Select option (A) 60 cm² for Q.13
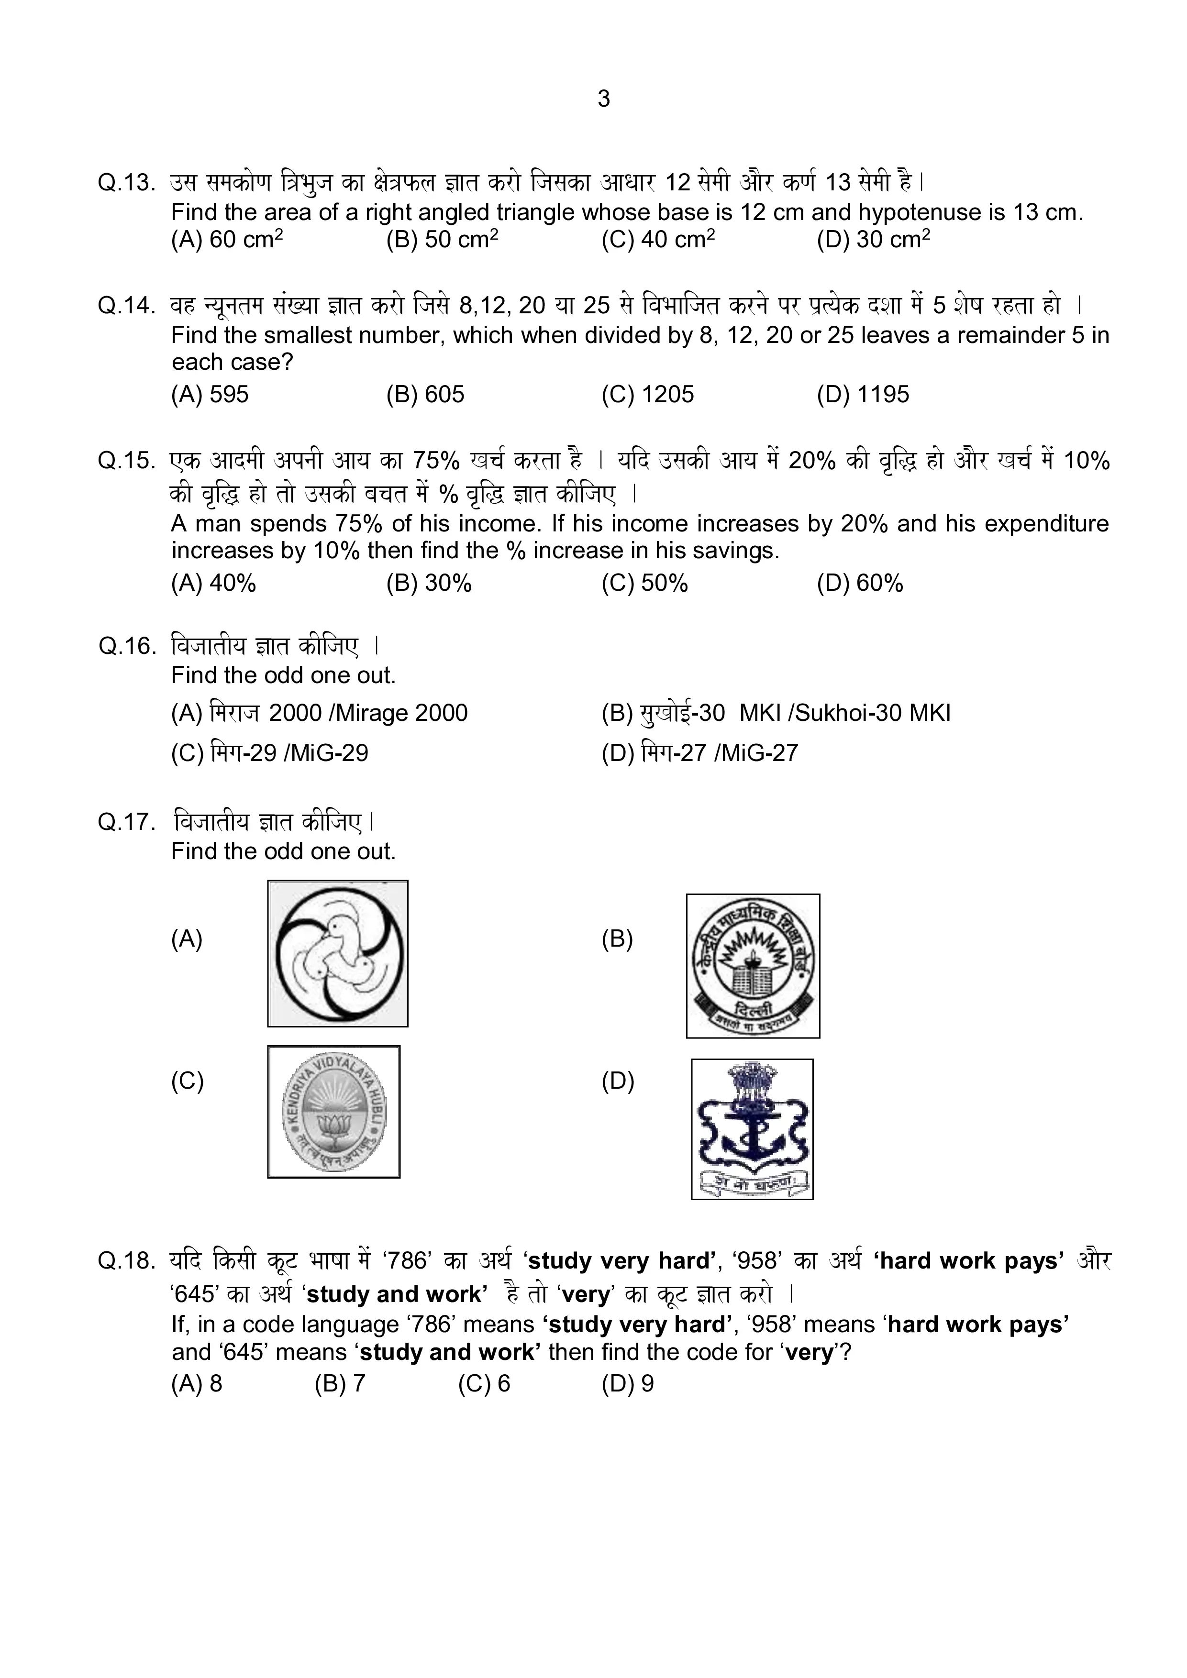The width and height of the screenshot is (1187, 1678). [x=227, y=240]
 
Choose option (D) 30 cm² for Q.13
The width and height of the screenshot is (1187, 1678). [x=874, y=240]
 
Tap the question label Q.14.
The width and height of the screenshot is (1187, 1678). [x=126, y=306]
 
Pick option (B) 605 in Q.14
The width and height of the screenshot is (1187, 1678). [x=425, y=395]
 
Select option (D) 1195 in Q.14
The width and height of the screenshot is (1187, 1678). [x=863, y=395]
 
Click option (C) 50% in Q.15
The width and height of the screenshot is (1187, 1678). [x=644, y=583]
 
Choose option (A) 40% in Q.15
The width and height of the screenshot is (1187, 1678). [x=213, y=583]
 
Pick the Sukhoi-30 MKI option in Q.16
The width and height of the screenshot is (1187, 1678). [x=776, y=713]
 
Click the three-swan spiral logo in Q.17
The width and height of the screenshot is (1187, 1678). [x=338, y=954]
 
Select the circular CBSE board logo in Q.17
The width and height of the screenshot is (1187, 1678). [x=753, y=965]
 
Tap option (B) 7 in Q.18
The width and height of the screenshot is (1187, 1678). [x=339, y=1383]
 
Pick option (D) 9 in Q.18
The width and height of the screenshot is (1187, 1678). [x=627, y=1383]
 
